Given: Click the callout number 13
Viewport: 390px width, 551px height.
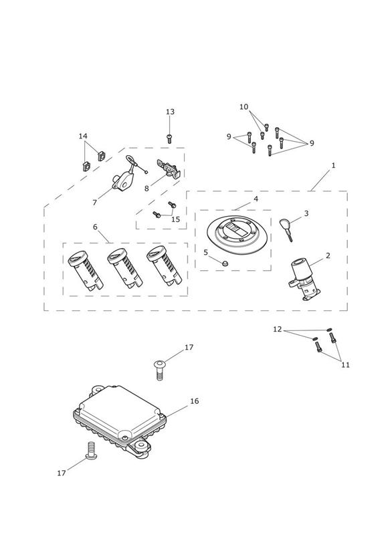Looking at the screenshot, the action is tap(170, 112).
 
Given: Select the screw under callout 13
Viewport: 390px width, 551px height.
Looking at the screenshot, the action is tap(169, 138).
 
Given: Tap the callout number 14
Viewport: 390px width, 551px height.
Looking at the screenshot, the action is tap(83, 136).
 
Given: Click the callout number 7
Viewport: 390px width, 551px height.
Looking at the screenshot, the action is tap(94, 203).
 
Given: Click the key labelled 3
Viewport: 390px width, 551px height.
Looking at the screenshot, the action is tap(286, 229).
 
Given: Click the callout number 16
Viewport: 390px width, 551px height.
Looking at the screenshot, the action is tap(195, 401).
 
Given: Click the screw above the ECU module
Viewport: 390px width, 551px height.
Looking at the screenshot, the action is tap(159, 370).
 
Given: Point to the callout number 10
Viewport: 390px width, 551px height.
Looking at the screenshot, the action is tap(243, 107).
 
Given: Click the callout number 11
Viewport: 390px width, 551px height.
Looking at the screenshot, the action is tap(346, 364).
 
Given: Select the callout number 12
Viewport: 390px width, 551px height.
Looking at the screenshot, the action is tap(278, 329).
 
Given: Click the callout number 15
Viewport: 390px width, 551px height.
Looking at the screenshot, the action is tap(175, 219).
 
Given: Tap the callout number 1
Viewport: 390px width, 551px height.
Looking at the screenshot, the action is tap(333, 165).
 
